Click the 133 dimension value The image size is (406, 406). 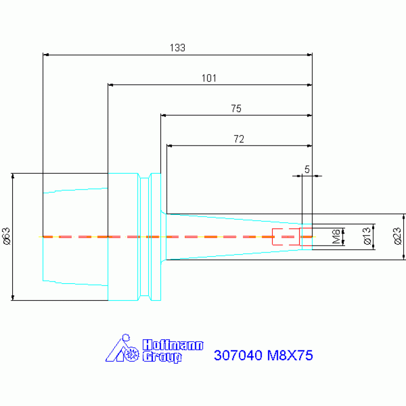[x=177, y=48]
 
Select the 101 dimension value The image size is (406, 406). [x=209, y=78]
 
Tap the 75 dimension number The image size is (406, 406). [x=236, y=109]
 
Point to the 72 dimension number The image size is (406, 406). [x=239, y=139]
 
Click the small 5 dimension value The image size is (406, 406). [x=307, y=169]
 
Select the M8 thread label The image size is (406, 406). [x=336, y=237]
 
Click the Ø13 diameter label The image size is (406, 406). [x=367, y=236]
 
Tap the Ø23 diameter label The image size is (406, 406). [x=398, y=236]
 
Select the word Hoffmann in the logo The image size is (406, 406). [x=173, y=345]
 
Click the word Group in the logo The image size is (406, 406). [x=163, y=357]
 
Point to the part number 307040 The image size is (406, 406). [x=238, y=355]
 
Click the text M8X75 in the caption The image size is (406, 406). [x=290, y=355]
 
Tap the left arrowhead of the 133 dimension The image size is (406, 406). [x=46, y=55]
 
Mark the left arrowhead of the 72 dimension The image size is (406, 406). [x=169, y=146]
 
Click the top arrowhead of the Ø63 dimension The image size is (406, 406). [x=13, y=176]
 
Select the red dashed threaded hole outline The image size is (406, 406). [x=292, y=237]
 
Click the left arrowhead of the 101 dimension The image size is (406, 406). [x=111, y=85]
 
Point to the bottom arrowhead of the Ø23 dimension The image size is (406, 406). [x=404, y=257]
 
